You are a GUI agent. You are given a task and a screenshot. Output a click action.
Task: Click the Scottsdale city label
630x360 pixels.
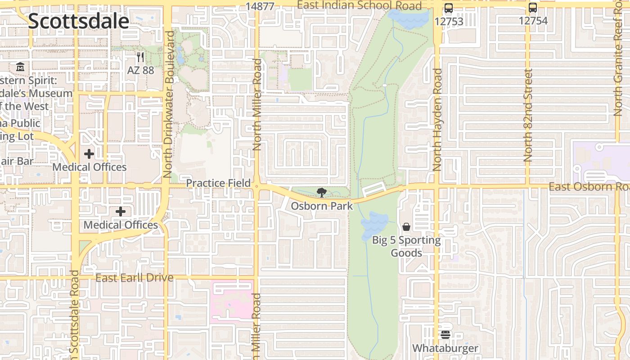(78, 21)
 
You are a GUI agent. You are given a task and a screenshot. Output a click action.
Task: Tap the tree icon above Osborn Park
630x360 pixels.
(321, 193)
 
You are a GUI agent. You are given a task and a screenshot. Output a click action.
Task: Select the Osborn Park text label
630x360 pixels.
(322, 206)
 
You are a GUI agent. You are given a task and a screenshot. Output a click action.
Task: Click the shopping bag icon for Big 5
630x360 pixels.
(406, 227)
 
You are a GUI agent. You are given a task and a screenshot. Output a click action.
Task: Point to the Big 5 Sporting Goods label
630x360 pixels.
(406, 246)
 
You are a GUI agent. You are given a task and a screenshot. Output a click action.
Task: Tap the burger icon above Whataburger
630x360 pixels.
(445, 334)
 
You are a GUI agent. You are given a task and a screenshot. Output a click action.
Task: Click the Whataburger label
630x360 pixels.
(445, 348)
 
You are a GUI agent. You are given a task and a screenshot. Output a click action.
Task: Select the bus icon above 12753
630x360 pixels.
(449, 8)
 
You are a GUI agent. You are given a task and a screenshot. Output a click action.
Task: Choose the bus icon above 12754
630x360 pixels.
(533, 8)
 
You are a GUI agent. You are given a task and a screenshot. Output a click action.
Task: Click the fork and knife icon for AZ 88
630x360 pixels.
(140, 57)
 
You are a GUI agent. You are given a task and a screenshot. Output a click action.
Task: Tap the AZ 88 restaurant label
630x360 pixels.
(140, 70)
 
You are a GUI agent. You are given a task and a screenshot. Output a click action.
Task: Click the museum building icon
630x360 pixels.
(20, 67)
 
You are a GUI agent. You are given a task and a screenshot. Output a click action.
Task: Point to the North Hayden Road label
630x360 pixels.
(437, 120)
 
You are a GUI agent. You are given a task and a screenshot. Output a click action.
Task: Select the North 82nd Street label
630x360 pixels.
(528, 115)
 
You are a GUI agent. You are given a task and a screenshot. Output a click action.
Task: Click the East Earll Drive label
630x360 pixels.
(134, 278)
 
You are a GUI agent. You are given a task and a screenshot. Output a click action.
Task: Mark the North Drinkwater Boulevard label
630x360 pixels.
(169, 104)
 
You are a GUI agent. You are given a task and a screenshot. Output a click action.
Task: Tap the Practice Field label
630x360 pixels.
(218, 183)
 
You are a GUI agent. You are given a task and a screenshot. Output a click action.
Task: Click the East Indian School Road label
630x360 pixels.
(360, 5)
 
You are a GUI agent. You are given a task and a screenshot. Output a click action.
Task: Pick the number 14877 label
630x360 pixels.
(260, 6)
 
